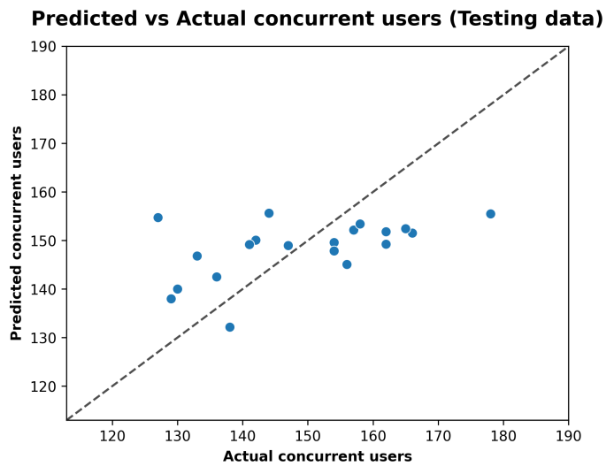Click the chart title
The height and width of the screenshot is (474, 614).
point(317,19)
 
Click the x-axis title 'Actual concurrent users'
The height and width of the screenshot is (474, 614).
point(317,456)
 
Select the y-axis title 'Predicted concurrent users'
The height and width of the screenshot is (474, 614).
point(17,233)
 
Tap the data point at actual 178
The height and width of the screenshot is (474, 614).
point(490,214)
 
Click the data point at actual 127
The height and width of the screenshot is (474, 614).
point(157,218)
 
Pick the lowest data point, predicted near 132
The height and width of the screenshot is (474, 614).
point(230,327)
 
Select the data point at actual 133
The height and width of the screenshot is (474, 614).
point(197,256)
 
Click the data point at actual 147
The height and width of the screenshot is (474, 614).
point(288,246)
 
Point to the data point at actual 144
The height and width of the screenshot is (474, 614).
point(269,213)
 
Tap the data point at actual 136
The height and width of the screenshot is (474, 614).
point(217,277)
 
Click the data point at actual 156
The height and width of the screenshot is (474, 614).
point(347,264)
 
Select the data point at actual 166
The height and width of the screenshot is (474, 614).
point(412,233)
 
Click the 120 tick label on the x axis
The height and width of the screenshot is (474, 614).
point(112,435)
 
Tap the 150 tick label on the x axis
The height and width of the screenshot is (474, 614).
point(308,435)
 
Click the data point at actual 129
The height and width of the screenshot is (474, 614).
point(171,299)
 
